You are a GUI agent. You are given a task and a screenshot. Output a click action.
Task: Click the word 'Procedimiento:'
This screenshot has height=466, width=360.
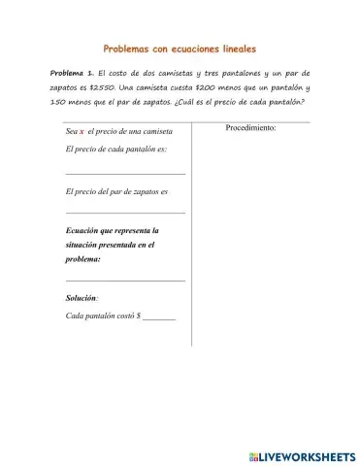pyautogui.click(x=250, y=127)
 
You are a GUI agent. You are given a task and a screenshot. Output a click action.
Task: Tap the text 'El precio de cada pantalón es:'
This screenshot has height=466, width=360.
pyautogui.click(x=115, y=150)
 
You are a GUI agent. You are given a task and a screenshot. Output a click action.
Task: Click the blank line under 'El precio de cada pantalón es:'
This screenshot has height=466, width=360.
pyautogui.click(x=124, y=173)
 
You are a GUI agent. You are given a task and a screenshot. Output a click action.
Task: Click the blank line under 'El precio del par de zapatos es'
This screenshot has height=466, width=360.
pyautogui.click(x=124, y=213)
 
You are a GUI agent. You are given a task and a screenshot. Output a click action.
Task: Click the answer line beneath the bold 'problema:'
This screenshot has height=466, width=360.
pyautogui.click(x=124, y=281)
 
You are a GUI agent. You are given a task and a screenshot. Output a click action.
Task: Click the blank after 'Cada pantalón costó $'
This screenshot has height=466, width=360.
pyautogui.click(x=158, y=317)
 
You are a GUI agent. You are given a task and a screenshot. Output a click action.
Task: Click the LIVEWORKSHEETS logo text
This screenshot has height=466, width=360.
pyautogui.click(x=306, y=454)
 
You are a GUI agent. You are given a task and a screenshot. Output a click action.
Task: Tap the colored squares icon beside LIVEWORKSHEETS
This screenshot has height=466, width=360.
pyautogui.click(x=254, y=454)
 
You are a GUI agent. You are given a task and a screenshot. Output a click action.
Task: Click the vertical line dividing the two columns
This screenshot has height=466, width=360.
pyautogui.click(x=192, y=233)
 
